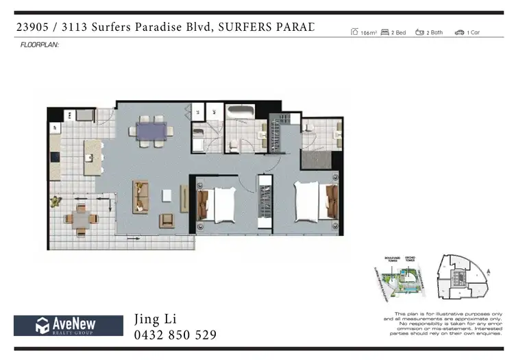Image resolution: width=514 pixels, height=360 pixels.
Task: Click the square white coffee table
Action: pyautogui.click(x=167, y=195)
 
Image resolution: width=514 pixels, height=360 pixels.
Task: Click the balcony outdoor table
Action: pyautogui.click(x=82, y=219)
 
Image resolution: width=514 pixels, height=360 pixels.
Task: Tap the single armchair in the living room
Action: pyautogui.click(x=167, y=220)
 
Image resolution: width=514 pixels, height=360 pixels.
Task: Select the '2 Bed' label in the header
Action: pyautogui.click(x=397, y=32)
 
